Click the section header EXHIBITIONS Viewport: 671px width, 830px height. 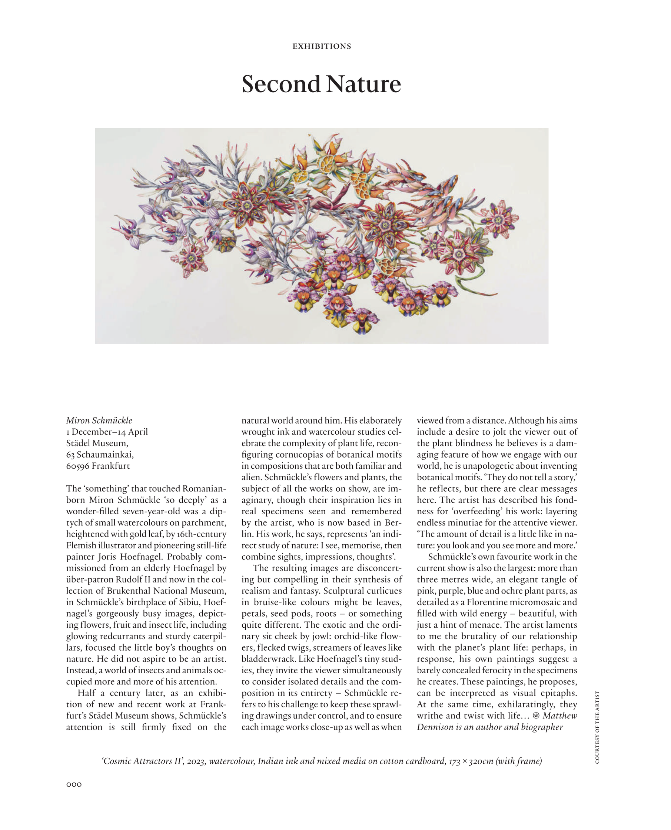tap(322, 46)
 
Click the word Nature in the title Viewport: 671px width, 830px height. tap(363, 84)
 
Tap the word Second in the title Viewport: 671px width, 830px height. tap(281, 84)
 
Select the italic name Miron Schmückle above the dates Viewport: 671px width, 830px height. tap(99, 420)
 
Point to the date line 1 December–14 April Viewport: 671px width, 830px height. tap(107, 431)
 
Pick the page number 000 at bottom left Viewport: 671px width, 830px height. tap(74, 784)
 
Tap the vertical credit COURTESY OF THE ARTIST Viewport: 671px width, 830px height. tap(597, 727)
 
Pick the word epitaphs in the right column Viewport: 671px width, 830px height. tap(558, 693)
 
